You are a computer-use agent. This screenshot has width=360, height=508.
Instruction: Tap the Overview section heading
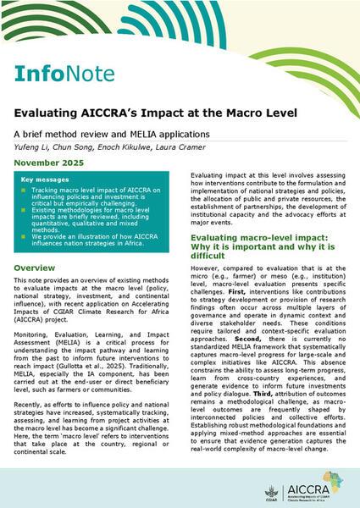(x=37, y=267)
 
